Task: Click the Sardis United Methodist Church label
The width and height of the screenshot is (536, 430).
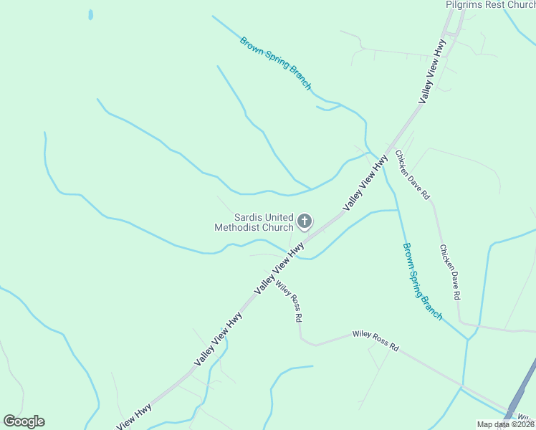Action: (x=254, y=222)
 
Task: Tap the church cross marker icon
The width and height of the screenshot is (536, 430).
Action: (x=305, y=221)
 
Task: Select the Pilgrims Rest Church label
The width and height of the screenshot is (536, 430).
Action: (x=490, y=5)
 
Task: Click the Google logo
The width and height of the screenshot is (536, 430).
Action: (x=24, y=421)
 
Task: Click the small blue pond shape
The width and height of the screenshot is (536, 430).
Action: (x=90, y=14)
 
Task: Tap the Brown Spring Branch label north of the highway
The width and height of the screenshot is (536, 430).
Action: (x=276, y=64)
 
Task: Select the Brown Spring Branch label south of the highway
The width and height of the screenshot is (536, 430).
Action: (x=422, y=281)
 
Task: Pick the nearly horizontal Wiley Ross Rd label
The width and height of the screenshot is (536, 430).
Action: (x=375, y=340)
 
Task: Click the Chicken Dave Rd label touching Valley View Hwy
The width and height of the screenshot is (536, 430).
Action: (x=412, y=174)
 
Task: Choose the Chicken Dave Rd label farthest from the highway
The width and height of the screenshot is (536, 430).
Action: (x=449, y=272)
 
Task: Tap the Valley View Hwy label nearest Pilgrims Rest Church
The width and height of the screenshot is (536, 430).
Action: (x=432, y=71)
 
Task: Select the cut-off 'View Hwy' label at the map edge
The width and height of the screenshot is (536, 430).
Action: (x=134, y=417)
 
